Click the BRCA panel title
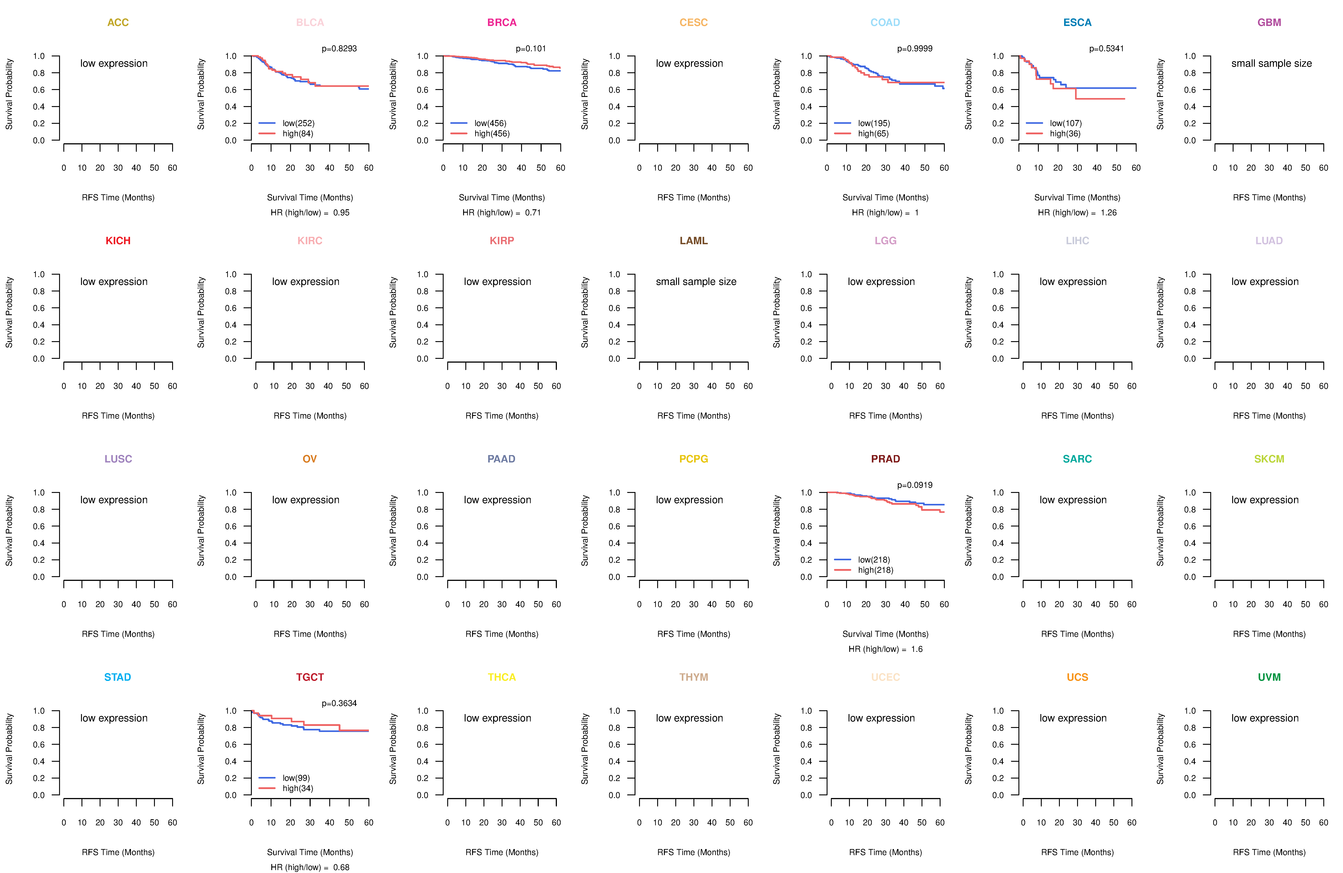tap(502, 23)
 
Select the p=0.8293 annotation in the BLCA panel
tap(339, 49)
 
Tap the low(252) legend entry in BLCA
tap(299, 123)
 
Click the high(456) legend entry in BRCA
tap(492, 134)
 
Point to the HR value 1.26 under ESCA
tap(1108, 213)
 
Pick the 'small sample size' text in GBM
tap(1271, 63)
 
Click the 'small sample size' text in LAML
tap(696, 282)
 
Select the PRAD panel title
tap(885, 459)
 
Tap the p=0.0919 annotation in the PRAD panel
tap(915, 485)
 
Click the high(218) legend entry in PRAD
tap(876, 570)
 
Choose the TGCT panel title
tap(310, 677)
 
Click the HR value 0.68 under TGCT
tap(341, 867)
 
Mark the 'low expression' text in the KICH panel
tap(114, 282)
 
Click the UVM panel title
tap(1269, 677)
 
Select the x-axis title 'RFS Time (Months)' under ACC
tap(118, 197)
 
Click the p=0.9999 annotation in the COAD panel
tap(915, 49)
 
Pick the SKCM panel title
tap(1269, 459)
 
